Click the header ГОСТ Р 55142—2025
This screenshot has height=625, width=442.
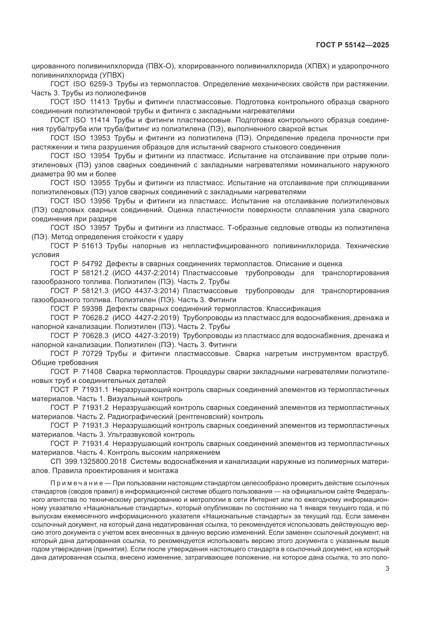[x=352, y=45]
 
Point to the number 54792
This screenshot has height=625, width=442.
[x=92, y=264]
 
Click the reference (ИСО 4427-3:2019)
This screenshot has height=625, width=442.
[x=146, y=336]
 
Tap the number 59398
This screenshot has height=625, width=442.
[x=92, y=309]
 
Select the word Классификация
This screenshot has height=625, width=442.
[x=293, y=309]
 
